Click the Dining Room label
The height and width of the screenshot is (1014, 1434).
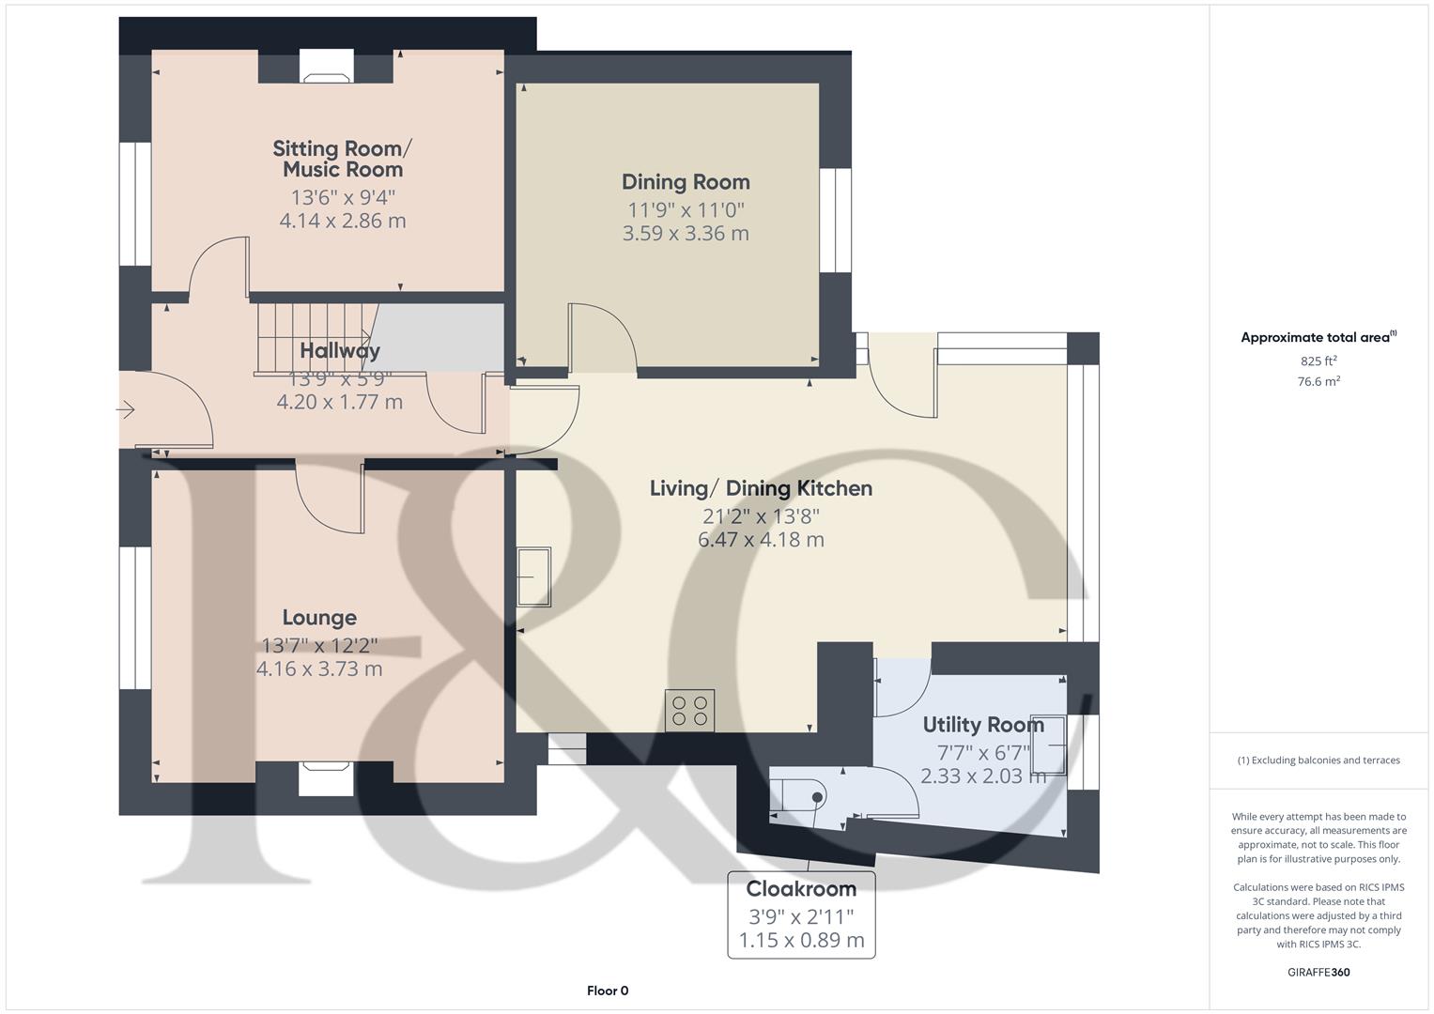686,182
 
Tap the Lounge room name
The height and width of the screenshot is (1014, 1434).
319,618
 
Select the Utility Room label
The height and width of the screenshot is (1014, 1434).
982,725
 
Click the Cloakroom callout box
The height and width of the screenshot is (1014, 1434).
801,914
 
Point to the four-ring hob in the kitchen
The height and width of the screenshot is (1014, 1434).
689,711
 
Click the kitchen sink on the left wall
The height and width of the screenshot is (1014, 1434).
534,576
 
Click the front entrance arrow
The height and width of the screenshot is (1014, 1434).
126,409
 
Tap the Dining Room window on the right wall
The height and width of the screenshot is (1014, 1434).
834,221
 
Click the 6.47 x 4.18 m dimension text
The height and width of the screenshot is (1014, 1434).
761,540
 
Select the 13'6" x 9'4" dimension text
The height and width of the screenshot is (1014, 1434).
343,198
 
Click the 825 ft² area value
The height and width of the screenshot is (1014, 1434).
1318,361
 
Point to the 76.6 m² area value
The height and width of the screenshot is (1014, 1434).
1318,381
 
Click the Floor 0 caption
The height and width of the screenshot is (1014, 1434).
608,991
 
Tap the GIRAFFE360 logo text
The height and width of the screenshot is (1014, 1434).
1318,973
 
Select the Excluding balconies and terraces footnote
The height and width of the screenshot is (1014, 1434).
1318,760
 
